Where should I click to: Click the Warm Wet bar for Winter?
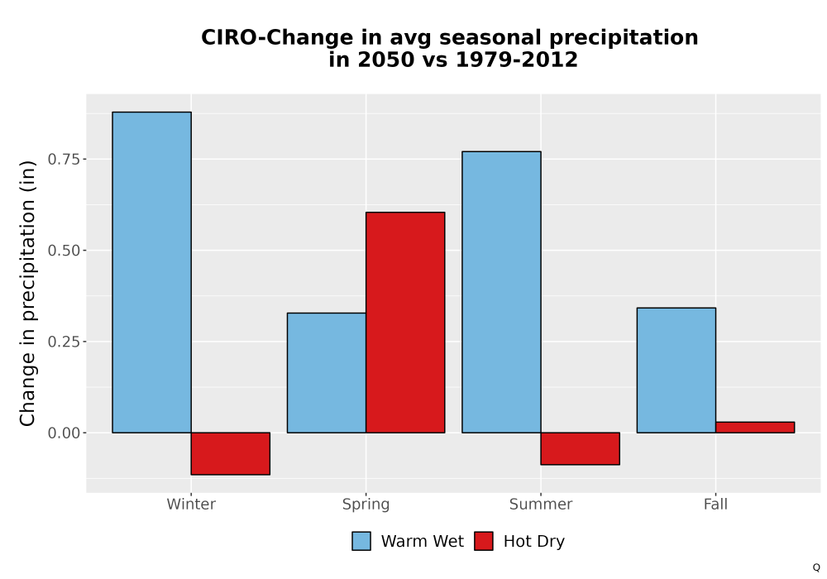pos(152,272)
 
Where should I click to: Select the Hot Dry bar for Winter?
pos(231,453)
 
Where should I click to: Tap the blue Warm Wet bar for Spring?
pos(327,373)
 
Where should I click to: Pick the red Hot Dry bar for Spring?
pos(405,323)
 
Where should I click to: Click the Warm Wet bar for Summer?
pos(502,292)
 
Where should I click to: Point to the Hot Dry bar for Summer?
pos(581,449)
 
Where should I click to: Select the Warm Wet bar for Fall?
pos(676,371)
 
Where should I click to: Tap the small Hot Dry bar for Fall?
pos(755,427)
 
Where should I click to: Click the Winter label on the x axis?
pos(191,504)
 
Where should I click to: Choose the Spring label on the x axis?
pos(366,505)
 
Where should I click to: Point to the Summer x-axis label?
pos(541,504)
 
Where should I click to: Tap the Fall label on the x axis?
pos(715,504)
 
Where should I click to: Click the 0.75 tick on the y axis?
pos(65,160)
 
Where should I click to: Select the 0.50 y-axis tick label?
pos(65,251)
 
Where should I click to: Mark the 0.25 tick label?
pos(65,342)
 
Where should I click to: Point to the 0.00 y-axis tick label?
pos(65,433)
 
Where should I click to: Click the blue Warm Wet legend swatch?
pos(361,541)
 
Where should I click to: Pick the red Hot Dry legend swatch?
pos(484,541)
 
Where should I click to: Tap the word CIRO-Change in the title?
pos(277,37)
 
